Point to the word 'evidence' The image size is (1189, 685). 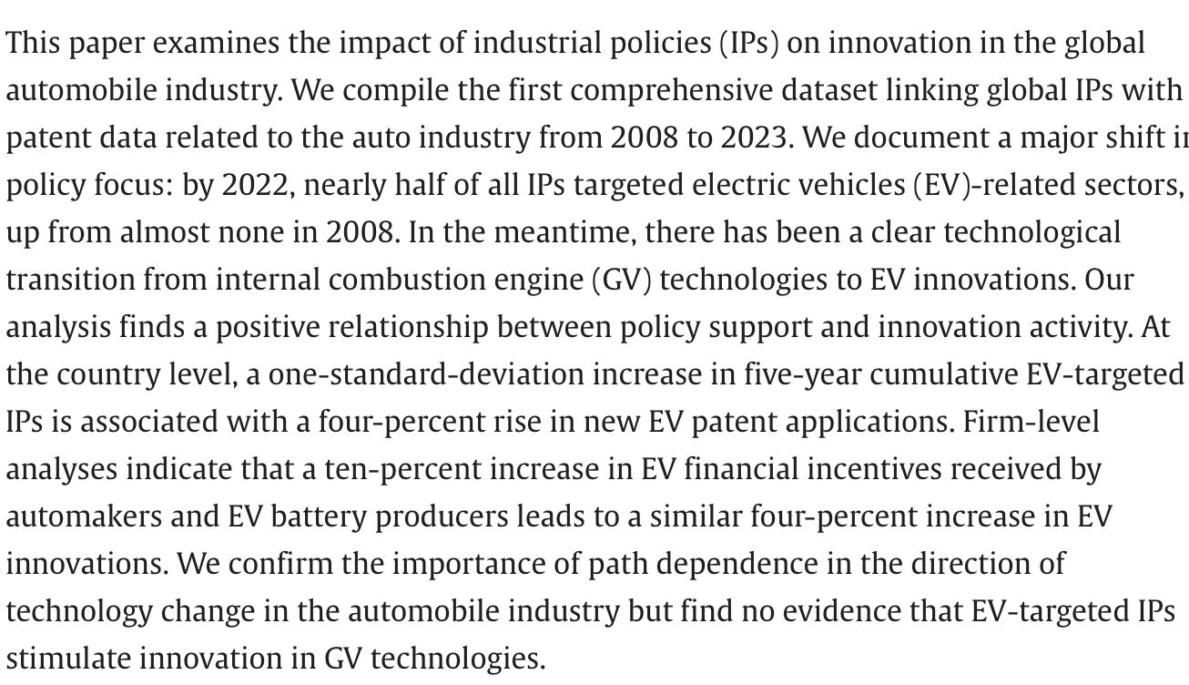pos(836,611)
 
